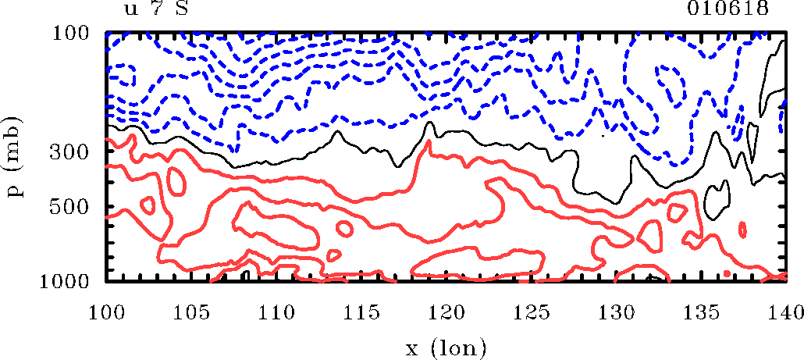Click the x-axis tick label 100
[106, 312]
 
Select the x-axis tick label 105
[191, 312]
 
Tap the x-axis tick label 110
[276, 312]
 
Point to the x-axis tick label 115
[361, 312]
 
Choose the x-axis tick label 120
[446, 312]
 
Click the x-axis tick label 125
[531, 312]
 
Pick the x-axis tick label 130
[615, 312]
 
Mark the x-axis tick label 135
[700, 312]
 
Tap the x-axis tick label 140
[784, 312]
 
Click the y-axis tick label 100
[75, 34]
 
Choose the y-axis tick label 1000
[69, 280]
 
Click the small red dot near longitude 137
[727, 273]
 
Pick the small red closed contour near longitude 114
[334, 255]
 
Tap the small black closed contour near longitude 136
[716, 201]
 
